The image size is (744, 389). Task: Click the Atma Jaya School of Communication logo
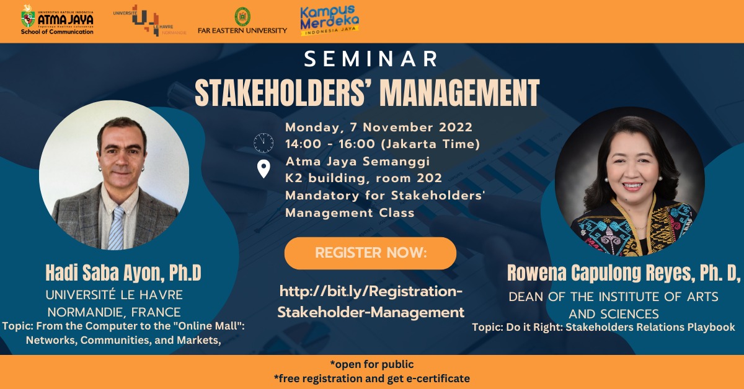(57, 20)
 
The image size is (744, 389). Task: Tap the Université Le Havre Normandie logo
(149, 20)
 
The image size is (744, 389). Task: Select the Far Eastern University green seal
(242, 16)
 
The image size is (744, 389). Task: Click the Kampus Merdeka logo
(329, 20)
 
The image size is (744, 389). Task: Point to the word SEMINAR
(371, 59)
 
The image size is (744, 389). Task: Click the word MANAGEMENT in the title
(459, 93)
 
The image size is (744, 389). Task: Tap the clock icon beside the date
(263, 142)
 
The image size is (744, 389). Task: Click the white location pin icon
(263, 169)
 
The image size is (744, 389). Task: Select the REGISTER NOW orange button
(370, 253)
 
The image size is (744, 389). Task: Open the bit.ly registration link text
(371, 302)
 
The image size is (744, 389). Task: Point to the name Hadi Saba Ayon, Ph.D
(123, 273)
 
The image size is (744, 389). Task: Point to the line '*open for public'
(372, 364)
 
